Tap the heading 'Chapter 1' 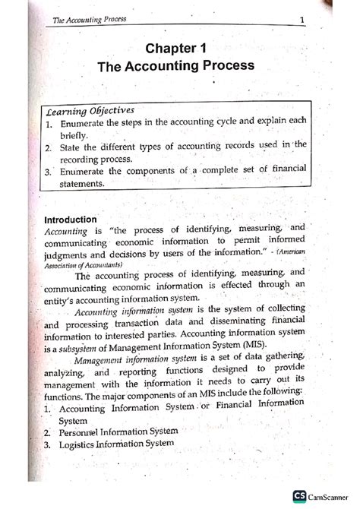click(x=175, y=49)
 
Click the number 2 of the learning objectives click(x=47, y=148)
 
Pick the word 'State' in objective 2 click(x=71, y=148)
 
